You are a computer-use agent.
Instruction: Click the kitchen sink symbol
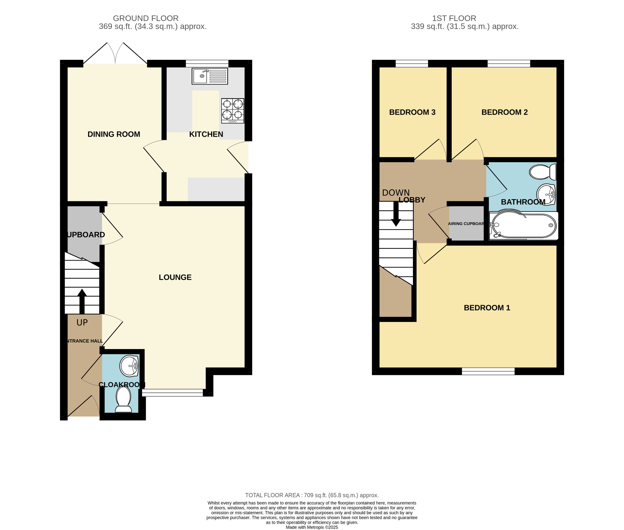(210, 76)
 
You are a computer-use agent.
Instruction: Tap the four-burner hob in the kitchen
(232, 111)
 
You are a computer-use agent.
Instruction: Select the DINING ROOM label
(114, 134)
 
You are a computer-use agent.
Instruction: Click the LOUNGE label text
(175, 277)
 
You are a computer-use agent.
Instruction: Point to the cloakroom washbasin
(129, 366)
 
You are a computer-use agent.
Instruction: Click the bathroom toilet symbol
(543, 172)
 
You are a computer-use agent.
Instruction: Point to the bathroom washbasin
(546, 194)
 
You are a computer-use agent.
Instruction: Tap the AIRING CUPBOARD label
(466, 224)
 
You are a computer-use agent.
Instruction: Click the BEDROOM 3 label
(412, 112)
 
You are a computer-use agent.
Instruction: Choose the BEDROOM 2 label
(505, 112)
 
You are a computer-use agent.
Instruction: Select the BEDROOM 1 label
(487, 308)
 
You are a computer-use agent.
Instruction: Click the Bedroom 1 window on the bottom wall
(488, 371)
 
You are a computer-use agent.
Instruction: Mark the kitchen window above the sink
(207, 63)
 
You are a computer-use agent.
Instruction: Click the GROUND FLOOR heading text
(146, 18)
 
